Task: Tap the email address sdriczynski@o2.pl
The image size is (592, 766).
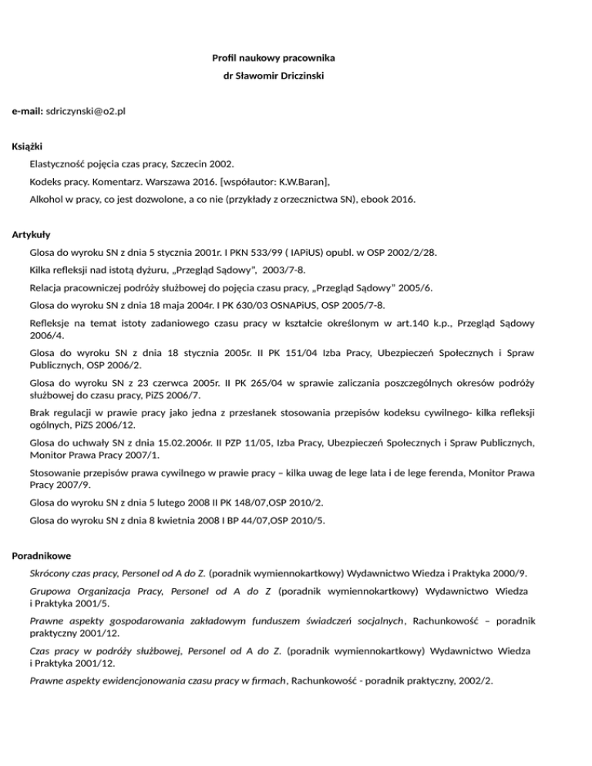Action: [86, 112]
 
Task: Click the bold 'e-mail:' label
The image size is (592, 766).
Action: [28, 112]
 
